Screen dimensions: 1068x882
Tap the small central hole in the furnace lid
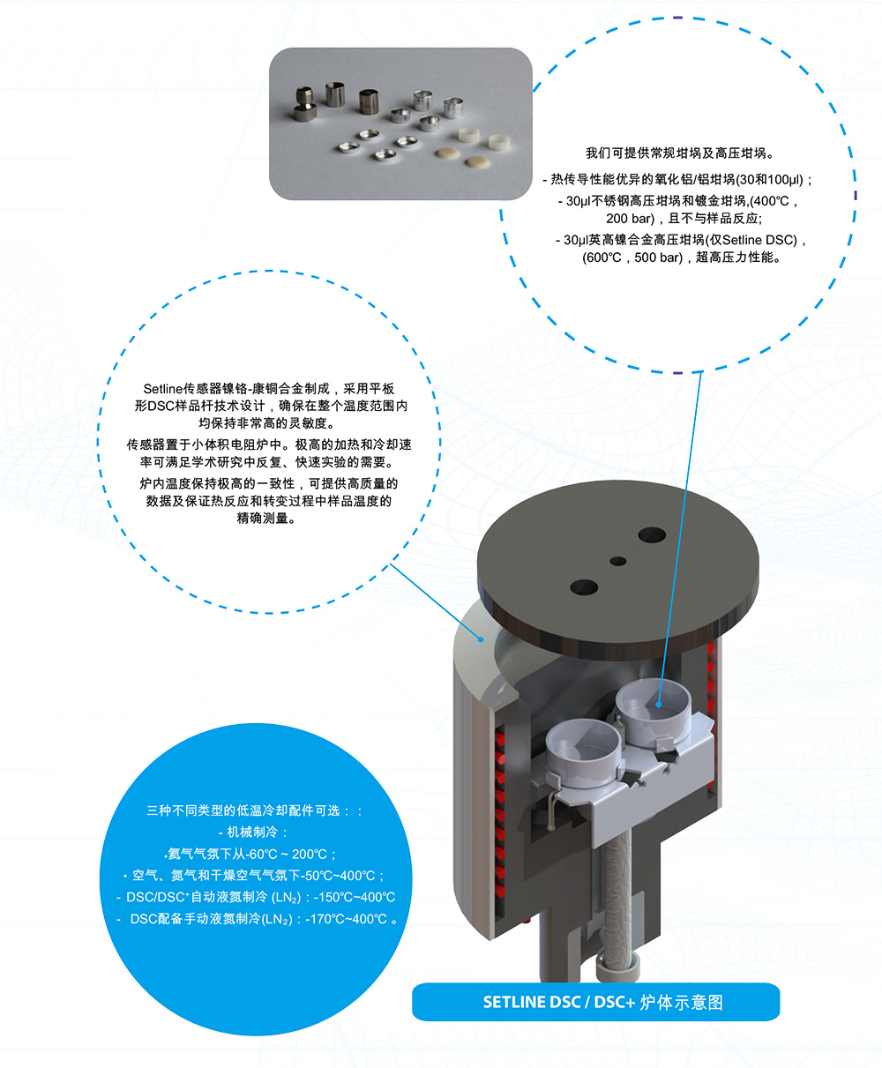point(618,561)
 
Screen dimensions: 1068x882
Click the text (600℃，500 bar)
point(632,258)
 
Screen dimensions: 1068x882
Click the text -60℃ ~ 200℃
point(288,854)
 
